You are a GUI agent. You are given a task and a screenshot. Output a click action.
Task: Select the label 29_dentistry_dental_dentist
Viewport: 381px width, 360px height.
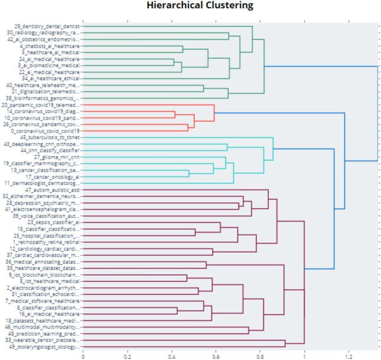point(47,27)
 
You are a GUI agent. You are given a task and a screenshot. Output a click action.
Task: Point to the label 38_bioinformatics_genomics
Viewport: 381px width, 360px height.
point(43,98)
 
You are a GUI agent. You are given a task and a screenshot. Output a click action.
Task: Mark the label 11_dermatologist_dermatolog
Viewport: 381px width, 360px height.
point(43,183)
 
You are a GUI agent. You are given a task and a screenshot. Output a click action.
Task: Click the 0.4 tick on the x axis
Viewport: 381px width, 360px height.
point(172,356)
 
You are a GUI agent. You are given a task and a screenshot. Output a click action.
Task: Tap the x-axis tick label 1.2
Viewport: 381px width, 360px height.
point(349,356)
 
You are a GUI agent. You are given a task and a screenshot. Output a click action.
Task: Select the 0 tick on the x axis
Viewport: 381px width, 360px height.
point(83,356)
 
